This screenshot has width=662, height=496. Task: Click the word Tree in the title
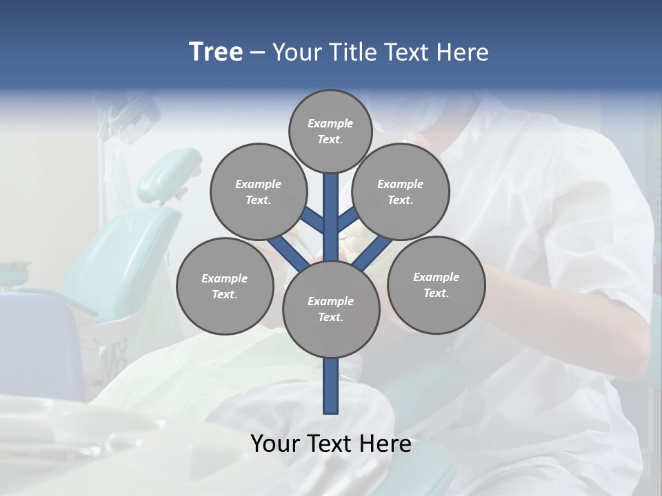point(216,52)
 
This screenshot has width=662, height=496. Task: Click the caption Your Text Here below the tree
point(331,444)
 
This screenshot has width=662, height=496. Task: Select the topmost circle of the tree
point(330,131)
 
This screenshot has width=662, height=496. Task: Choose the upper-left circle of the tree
point(258,192)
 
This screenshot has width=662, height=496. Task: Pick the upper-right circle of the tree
point(401,192)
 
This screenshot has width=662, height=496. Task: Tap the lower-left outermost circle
point(225,286)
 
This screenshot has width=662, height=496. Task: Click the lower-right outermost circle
point(436,285)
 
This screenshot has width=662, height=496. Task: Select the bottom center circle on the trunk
point(331,309)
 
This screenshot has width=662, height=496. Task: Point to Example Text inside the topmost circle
point(330,131)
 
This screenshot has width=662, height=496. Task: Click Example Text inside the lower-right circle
point(436,285)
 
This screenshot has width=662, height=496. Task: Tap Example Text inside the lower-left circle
point(225,286)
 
